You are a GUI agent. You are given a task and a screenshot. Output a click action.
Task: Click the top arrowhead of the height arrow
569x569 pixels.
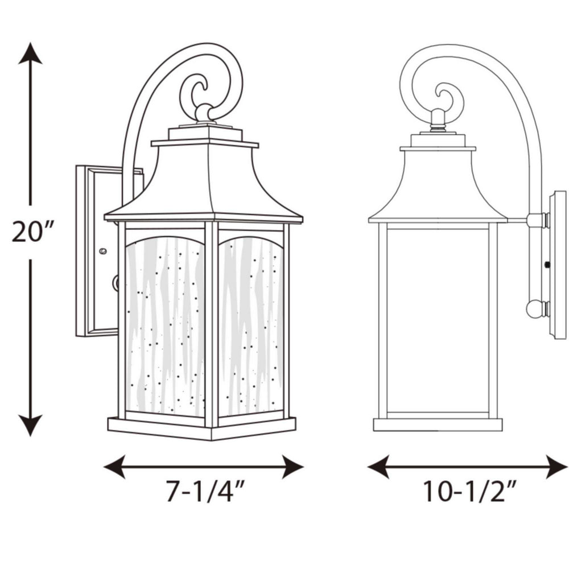[30, 53]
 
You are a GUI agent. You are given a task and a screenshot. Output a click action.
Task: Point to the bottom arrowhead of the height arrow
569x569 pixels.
[30, 424]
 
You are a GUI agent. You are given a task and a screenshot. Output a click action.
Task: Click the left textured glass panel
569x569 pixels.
[165, 324]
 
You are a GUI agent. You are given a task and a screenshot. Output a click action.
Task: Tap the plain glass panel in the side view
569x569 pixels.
[437, 319]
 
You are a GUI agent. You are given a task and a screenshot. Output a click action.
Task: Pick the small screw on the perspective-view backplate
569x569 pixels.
[102, 250]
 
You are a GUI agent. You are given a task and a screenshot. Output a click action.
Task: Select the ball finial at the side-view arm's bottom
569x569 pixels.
[534, 309]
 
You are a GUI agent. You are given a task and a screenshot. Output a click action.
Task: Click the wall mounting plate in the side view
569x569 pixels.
[558, 265]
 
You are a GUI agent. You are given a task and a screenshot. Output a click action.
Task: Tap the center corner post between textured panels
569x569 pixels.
[211, 324]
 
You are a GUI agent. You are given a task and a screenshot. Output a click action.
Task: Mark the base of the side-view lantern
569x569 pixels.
[437, 424]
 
